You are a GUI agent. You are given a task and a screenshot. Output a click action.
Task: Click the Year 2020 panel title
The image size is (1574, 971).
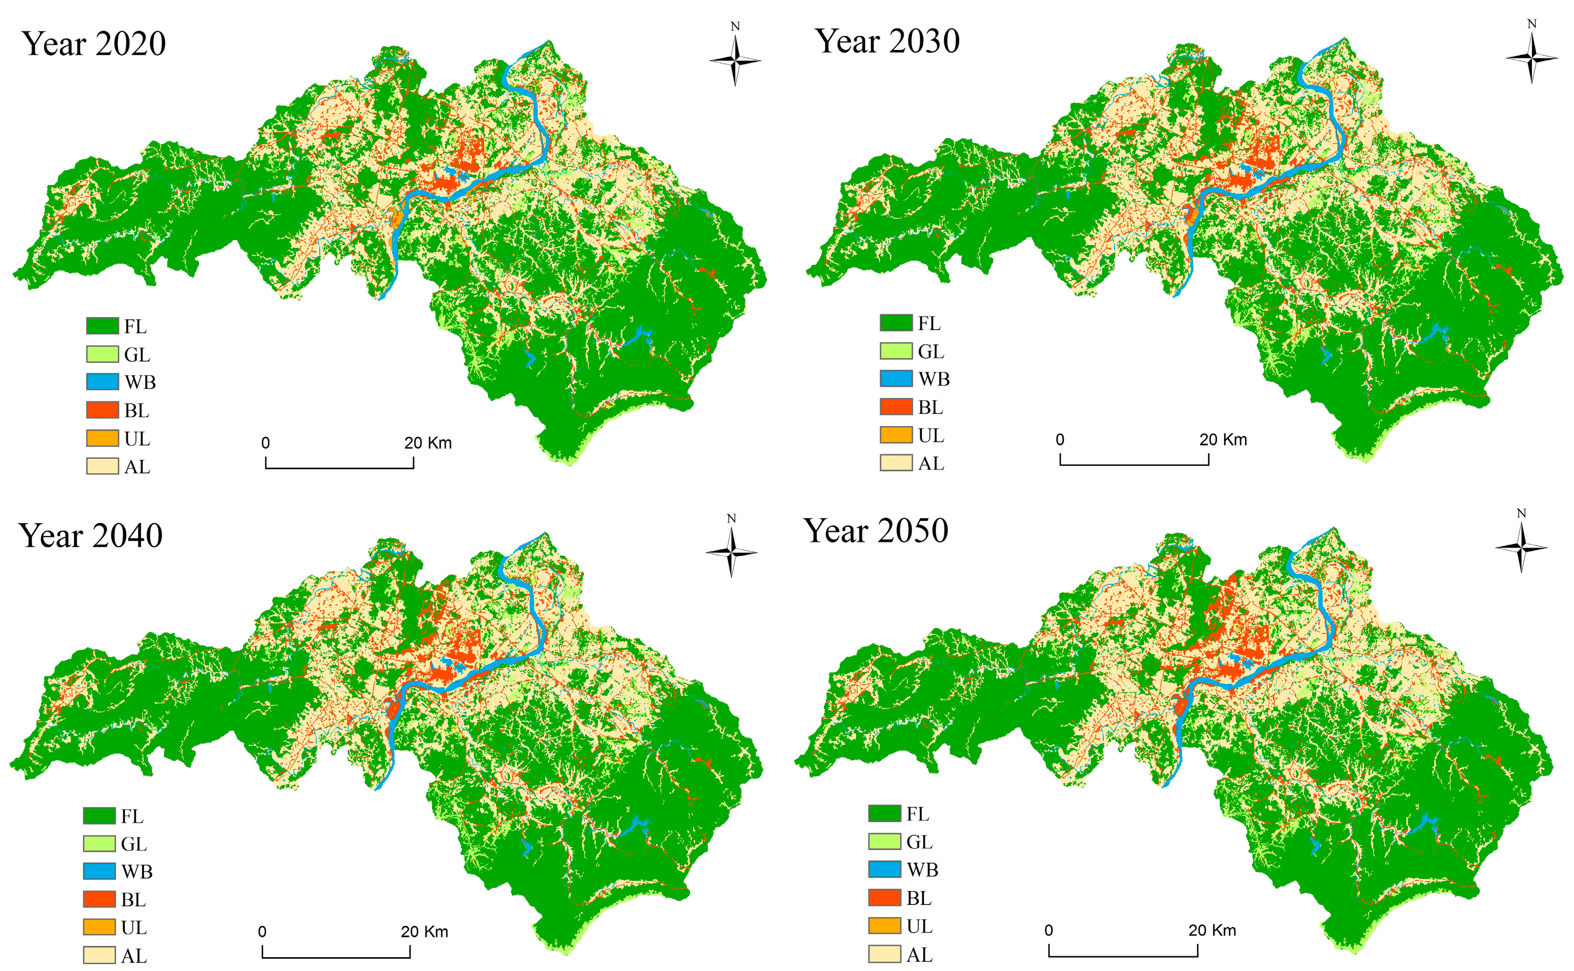click(94, 44)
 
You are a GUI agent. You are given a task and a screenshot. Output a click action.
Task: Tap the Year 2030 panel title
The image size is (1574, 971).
click(887, 41)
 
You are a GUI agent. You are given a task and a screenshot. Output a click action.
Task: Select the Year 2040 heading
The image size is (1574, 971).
click(91, 536)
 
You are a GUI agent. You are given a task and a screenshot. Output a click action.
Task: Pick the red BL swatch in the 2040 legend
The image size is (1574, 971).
click(100, 899)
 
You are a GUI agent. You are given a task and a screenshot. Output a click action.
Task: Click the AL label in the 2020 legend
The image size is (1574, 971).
click(137, 467)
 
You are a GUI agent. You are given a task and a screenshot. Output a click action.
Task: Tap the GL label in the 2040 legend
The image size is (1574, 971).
click(134, 844)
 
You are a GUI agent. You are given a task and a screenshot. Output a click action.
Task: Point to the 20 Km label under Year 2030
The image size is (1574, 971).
click(1223, 440)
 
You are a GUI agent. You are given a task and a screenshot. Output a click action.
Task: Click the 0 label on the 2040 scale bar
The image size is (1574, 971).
click(262, 932)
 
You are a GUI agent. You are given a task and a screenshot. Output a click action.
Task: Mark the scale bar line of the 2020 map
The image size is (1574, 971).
click(339, 467)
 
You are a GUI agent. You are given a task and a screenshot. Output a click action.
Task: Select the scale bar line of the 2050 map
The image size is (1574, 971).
click(1123, 955)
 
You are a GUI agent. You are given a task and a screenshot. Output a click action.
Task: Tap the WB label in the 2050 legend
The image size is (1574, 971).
click(923, 870)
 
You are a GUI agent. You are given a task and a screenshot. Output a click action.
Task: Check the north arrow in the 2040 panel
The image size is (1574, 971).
click(731, 552)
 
